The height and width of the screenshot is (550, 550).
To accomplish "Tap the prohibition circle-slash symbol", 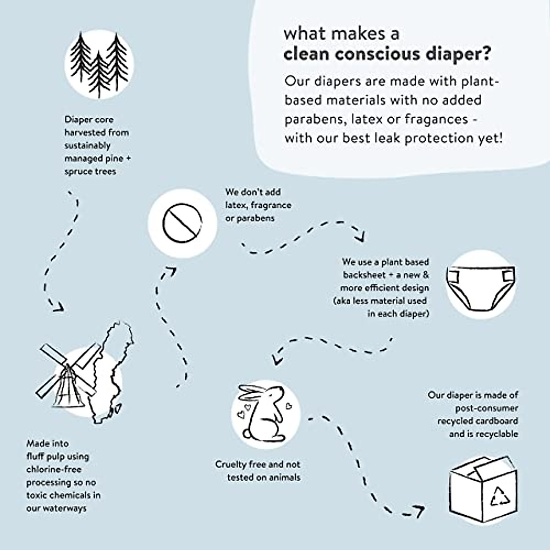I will pos(182,223).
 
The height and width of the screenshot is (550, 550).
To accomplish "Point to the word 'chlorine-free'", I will pos(53,469).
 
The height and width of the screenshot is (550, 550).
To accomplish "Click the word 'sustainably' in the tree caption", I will pos(88,145).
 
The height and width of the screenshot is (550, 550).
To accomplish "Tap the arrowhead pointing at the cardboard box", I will pos(419,510).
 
